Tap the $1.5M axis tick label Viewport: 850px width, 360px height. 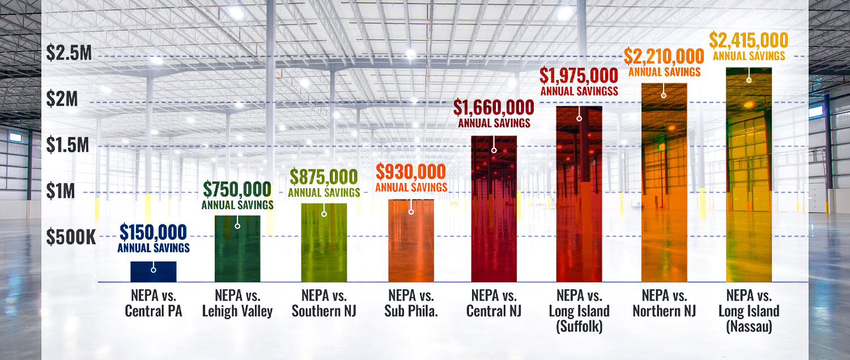pos(69,146)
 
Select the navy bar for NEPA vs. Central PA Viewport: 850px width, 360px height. pos(154,272)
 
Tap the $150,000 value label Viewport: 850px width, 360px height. pos(154,232)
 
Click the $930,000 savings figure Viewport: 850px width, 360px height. pos(411,172)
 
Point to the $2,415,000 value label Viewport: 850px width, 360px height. pos(749,41)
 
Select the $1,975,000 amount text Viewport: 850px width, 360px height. pos(579,75)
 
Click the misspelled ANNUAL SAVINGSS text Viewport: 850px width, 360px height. pos(579,90)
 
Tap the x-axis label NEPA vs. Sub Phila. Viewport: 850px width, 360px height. pos(411,303)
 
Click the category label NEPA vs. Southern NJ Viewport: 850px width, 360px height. pos(324,303)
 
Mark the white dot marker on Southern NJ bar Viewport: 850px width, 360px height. pos(324,214)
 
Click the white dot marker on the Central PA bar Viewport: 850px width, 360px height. pos(153,270)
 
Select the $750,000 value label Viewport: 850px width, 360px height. pos(237,189)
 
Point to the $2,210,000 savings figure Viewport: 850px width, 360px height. pos(664,56)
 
